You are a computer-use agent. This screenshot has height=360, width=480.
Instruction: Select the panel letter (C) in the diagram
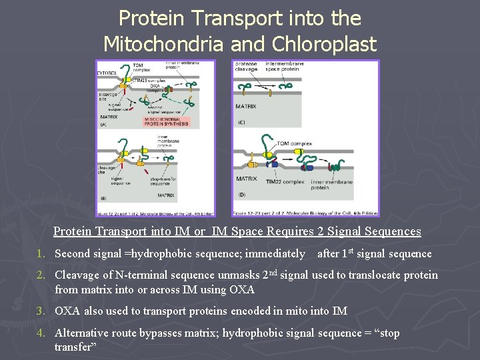[241, 122]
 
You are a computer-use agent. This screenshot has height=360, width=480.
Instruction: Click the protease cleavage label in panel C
[245, 67]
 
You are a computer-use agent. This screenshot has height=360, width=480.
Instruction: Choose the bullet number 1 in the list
[41, 254]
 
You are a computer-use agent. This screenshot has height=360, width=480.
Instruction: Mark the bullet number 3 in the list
[41, 311]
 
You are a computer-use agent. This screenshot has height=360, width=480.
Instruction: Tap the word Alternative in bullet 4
[81, 333]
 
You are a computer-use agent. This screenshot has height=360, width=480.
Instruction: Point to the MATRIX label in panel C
[246, 106]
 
